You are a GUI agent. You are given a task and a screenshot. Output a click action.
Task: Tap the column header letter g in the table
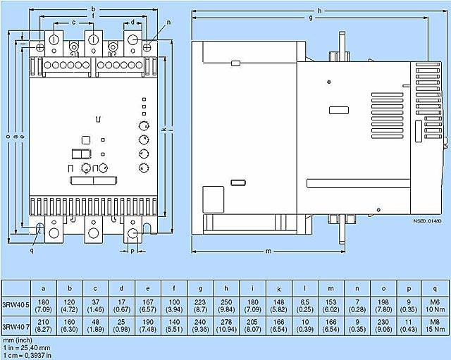click(200, 287)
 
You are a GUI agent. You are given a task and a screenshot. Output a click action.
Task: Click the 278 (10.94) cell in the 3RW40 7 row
click(226, 327)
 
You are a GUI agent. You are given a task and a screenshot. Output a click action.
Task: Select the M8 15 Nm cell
click(434, 327)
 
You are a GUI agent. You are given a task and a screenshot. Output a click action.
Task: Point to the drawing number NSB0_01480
click(426, 220)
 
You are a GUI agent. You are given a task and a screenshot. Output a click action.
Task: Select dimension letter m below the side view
click(268, 251)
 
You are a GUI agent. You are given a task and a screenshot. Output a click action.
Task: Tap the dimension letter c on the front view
click(74, 23)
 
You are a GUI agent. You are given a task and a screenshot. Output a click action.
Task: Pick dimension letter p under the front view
click(132, 250)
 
